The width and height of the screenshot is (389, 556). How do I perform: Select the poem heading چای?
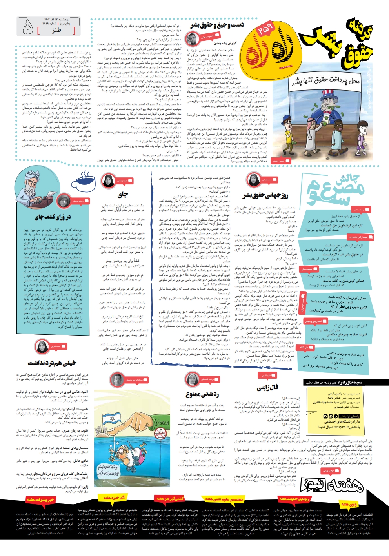[x=122, y=194]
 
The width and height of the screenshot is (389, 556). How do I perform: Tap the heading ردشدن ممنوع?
[x=202, y=394]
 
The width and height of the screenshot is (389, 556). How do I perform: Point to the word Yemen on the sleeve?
[x=161, y=423]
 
